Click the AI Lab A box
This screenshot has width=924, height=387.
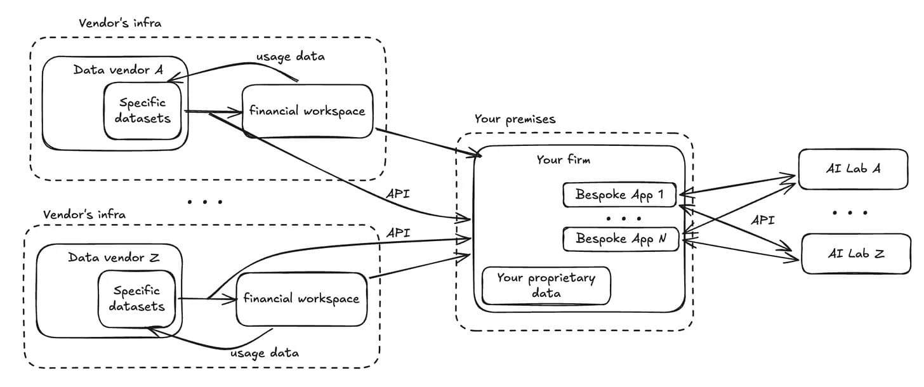(x=853, y=169)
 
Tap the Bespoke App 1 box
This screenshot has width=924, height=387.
(x=619, y=195)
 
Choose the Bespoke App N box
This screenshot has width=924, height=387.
(x=621, y=239)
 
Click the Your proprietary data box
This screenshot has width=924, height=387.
(x=546, y=285)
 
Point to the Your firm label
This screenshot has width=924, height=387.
(x=563, y=160)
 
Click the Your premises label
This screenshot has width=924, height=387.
(x=515, y=119)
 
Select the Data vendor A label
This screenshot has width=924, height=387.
(x=118, y=70)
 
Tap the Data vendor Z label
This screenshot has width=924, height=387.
(x=113, y=258)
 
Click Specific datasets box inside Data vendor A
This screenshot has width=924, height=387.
(x=142, y=110)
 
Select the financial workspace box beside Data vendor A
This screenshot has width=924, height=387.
(x=307, y=111)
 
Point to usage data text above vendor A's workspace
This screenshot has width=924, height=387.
(x=290, y=56)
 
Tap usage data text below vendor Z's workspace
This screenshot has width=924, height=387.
(x=264, y=352)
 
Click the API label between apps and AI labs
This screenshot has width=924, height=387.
(x=762, y=220)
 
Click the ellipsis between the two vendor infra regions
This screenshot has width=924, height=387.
(x=204, y=202)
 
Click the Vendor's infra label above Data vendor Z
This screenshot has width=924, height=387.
(x=84, y=214)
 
